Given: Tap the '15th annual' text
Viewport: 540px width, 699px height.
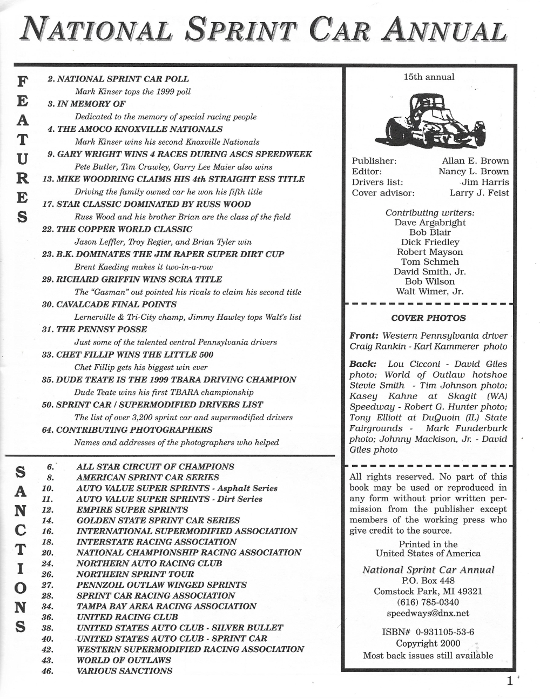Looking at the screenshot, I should click(429, 77).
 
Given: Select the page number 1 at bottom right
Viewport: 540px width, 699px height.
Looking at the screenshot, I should click(509, 681).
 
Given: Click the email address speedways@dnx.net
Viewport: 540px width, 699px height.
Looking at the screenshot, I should click(428, 613).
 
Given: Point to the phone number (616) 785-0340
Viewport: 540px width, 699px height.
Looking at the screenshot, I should click(428, 602).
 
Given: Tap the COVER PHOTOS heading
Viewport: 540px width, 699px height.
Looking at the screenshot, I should click(428, 318).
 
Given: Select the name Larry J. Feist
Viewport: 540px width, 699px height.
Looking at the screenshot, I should click(479, 193).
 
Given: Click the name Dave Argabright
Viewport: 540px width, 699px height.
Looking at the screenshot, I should click(430, 223).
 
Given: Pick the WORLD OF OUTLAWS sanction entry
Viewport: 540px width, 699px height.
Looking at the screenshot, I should click(124, 660).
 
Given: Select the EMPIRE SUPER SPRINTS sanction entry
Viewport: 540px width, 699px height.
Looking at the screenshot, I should click(132, 509).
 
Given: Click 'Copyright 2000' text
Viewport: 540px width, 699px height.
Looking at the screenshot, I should click(428, 643).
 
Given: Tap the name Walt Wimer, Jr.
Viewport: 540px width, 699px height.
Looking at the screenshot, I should click(430, 292).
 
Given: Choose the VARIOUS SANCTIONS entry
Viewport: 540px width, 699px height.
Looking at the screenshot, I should click(125, 671).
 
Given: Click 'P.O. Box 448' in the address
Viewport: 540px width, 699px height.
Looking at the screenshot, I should click(428, 581).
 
